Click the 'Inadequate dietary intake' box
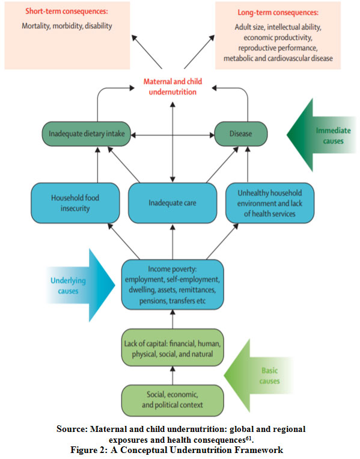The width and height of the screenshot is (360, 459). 87,134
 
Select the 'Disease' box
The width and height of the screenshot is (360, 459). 240,134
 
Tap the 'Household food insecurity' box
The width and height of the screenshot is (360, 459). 75,203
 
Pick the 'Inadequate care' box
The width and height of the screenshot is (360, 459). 172,203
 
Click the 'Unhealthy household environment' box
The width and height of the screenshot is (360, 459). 270,203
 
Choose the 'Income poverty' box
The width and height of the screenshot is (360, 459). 172,285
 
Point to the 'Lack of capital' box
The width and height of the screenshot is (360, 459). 172,348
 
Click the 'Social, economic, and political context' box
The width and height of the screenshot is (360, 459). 172,400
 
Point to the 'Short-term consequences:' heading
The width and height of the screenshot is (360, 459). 67,11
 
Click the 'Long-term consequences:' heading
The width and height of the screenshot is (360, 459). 278,13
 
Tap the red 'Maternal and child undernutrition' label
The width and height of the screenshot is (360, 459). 172,87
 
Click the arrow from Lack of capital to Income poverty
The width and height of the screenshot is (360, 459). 172,319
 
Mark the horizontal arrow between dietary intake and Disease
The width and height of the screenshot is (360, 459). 172,135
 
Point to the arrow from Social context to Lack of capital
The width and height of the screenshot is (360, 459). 172,375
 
